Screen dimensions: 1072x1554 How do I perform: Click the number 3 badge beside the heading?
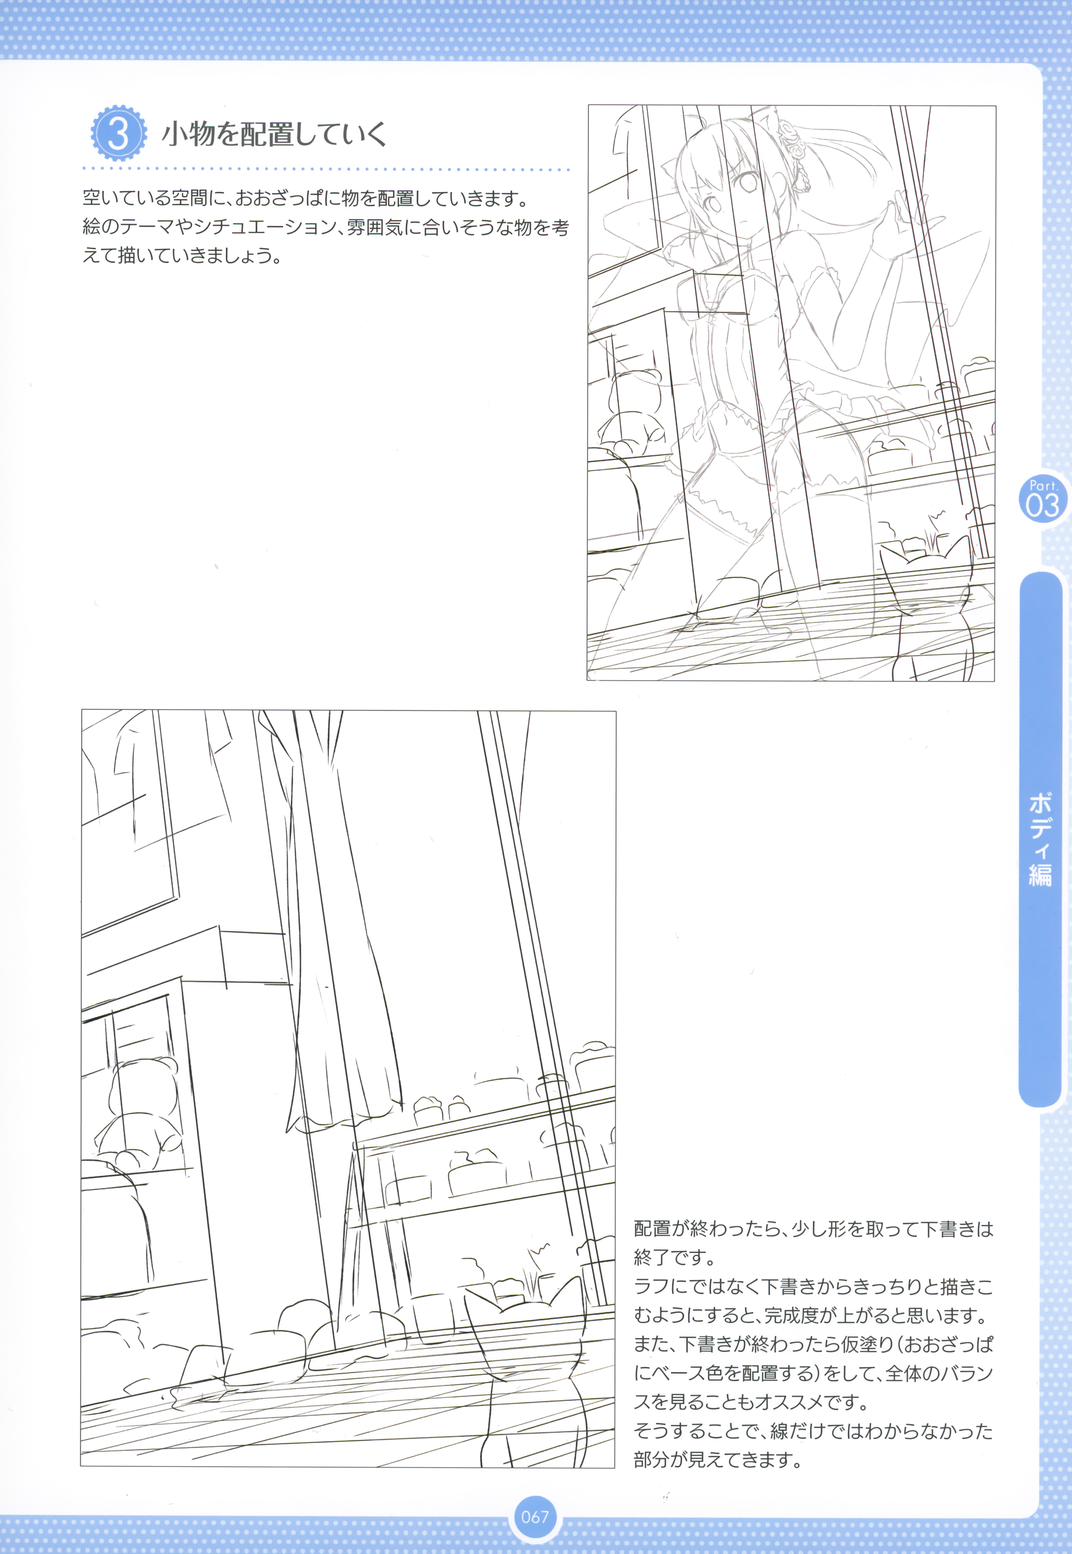point(118,133)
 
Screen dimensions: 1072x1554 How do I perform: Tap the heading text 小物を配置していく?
point(274,134)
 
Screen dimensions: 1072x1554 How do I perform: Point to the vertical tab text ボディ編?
point(1040,839)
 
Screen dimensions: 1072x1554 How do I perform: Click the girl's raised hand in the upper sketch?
point(896,222)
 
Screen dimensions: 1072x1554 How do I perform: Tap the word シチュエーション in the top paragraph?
point(265,227)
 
